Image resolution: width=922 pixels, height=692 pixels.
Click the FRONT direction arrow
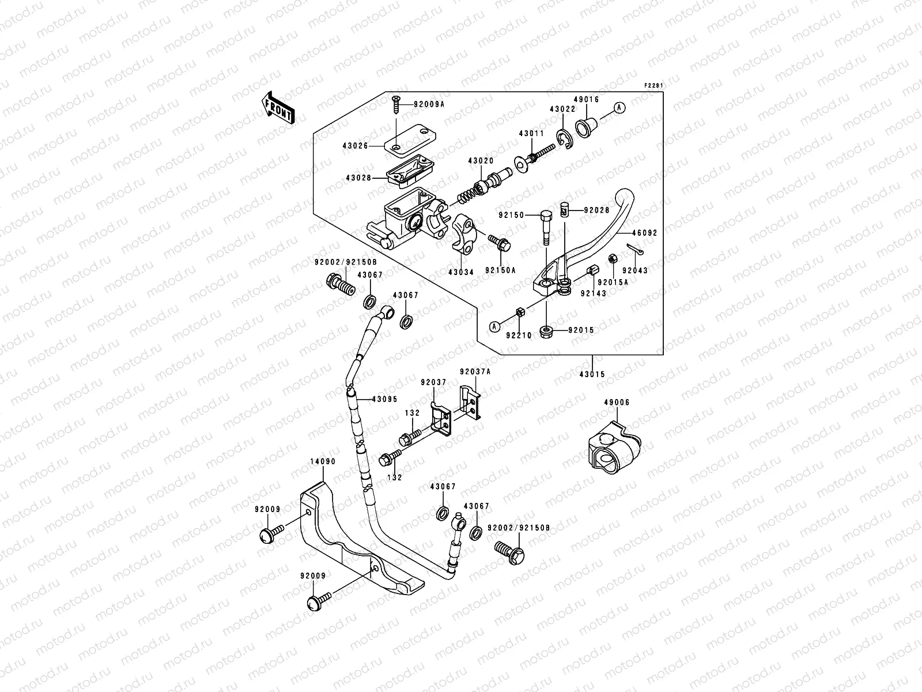279,107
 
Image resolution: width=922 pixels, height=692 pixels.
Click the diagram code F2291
654,86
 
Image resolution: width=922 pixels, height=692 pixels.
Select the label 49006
617,403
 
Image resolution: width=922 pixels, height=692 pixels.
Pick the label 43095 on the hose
384,398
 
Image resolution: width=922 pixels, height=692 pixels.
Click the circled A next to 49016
619,107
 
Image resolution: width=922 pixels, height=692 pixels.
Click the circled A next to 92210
494,327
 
